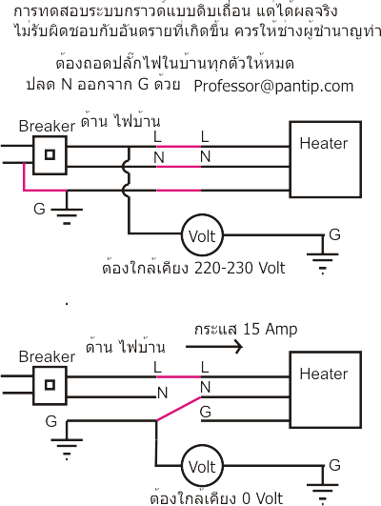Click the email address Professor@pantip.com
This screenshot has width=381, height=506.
tap(273, 87)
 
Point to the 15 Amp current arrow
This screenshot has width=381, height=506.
tap(214, 347)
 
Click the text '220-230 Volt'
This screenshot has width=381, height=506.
tap(240, 268)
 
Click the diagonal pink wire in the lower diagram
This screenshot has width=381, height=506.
tap(178, 409)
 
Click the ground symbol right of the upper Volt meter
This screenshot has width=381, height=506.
tap(323, 255)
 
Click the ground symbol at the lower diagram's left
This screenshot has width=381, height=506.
tap(67, 440)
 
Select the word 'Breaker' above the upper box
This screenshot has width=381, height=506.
tap(47, 126)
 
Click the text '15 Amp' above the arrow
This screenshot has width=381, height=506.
tap(270, 329)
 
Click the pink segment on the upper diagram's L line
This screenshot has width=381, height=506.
tap(179, 147)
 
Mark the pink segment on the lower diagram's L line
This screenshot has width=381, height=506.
tap(179, 376)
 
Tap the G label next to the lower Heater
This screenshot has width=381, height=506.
tap(206, 412)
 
